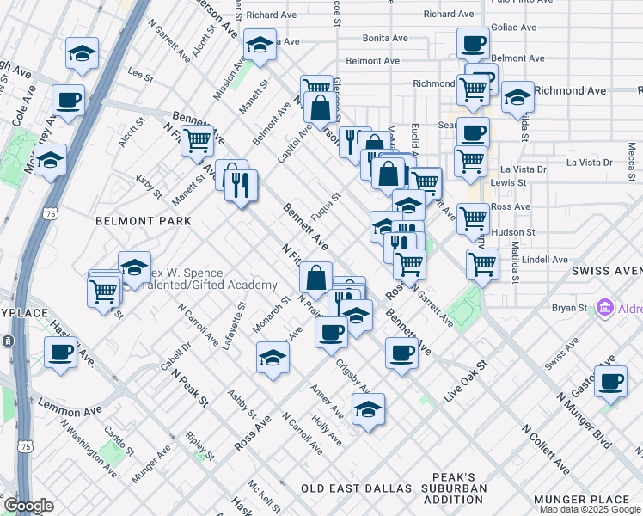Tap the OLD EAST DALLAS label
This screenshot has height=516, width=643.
357,488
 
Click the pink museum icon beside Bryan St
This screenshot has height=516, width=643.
604,308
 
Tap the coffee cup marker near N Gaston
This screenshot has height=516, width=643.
611,383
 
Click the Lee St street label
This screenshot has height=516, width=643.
139,74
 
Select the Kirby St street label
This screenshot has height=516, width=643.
149,186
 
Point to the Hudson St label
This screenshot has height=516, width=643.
515,232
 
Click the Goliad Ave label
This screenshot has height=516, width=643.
515,28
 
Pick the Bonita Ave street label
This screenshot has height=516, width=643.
384,39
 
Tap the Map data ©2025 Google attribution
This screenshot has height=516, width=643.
590,509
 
